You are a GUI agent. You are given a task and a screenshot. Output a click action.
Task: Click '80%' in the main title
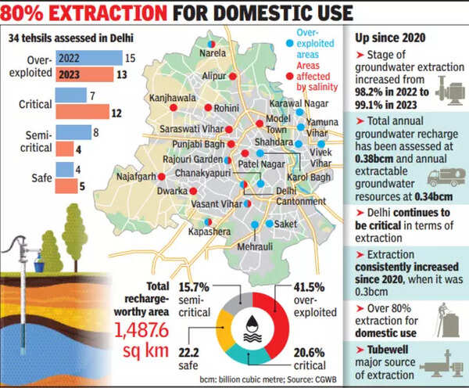tap(34, 13)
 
